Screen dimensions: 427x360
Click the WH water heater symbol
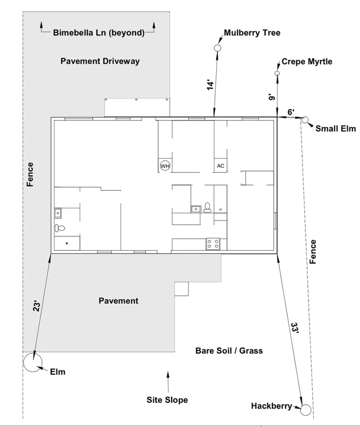(165, 166)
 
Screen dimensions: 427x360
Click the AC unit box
(221, 166)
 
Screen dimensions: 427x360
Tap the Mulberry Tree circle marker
(217, 48)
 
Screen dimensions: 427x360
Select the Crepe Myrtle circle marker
(277, 73)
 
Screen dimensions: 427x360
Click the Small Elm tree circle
(305, 120)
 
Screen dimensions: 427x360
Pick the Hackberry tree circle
(306, 409)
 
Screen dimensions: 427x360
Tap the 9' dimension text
(272, 97)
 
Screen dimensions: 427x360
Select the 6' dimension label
(291, 112)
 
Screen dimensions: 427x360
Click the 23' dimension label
(37, 306)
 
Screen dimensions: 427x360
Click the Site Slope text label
(167, 400)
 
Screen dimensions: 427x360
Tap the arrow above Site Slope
(168, 379)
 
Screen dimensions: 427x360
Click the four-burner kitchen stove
(213, 244)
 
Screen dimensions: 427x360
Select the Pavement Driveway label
(100, 61)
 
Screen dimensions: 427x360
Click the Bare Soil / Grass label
(229, 351)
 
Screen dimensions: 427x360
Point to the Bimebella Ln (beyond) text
(99, 33)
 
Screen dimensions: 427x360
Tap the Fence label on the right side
(313, 251)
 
